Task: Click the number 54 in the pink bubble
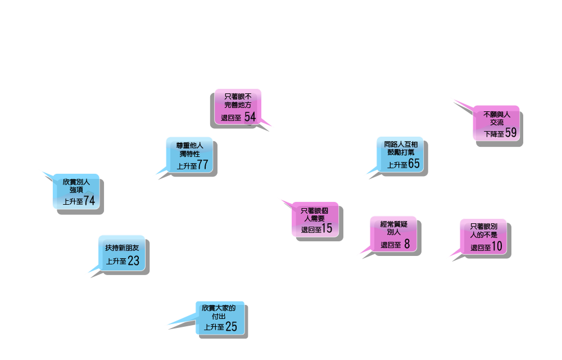[250, 117]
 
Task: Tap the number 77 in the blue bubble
[203, 165]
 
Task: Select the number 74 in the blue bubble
[89, 201]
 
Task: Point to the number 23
[133, 261]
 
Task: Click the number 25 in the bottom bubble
[231, 327]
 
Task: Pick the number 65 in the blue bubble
[414, 164]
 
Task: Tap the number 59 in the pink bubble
[510, 133]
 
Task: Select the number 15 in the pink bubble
[327, 229]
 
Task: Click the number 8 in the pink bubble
[407, 244]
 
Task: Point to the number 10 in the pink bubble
[497, 247]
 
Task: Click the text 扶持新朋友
[121, 247]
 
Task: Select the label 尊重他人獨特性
[189, 149]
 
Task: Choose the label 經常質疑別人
[393, 228]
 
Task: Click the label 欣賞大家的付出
[219, 312]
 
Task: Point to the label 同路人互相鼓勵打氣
[401, 148]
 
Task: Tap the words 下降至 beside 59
[494, 134]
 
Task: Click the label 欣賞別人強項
[76, 186]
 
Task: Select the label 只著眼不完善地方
[238, 101]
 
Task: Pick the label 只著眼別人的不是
[484, 231]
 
